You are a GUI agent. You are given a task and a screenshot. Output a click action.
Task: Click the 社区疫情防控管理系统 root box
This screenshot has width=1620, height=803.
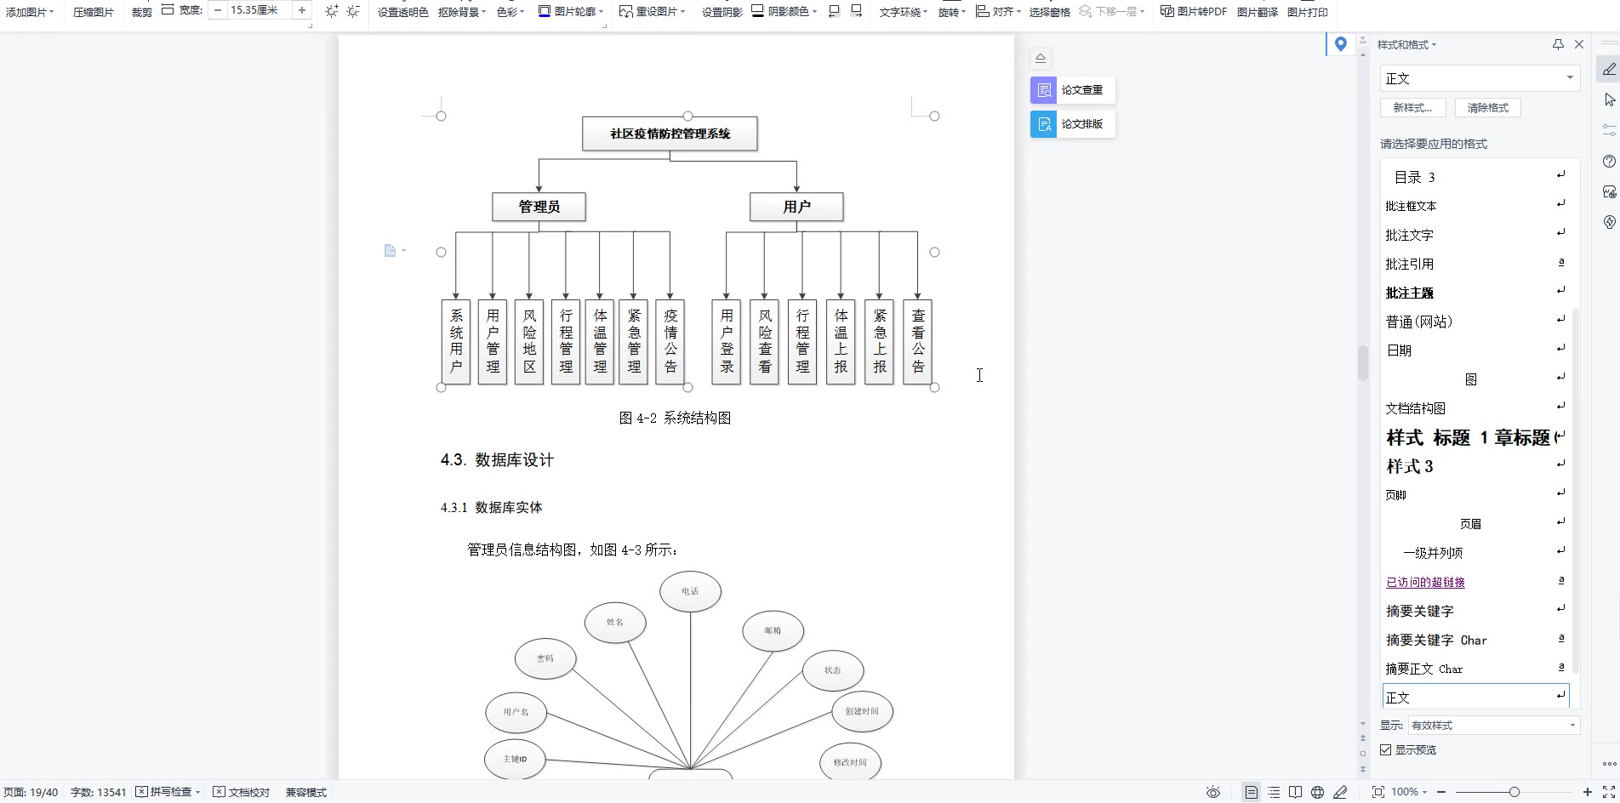(x=670, y=134)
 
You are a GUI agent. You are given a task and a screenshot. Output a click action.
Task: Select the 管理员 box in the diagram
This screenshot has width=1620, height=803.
(x=539, y=207)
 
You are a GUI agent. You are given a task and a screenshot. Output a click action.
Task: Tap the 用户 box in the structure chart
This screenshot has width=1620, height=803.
(x=796, y=207)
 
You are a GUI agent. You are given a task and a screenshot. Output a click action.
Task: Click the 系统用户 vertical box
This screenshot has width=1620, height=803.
(x=456, y=341)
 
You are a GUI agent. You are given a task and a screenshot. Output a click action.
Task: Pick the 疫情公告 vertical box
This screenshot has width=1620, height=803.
(x=670, y=341)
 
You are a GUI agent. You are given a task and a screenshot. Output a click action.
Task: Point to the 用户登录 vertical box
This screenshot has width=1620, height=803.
(x=727, y=341)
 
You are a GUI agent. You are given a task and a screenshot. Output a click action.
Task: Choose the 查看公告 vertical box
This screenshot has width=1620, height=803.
(x=918, y=341)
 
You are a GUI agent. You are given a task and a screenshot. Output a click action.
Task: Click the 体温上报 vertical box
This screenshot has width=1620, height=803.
(x=841, y=341)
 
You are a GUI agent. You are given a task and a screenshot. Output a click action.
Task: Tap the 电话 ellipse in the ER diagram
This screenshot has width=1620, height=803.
(x=690, y=591)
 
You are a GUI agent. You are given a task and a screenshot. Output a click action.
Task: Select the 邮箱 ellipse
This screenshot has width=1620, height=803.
(x=773, y=630)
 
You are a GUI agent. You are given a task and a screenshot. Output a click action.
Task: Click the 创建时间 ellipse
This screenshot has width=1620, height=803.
(x=862, y=711)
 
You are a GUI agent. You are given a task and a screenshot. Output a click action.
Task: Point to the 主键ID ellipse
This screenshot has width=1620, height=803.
(x=515, y=759)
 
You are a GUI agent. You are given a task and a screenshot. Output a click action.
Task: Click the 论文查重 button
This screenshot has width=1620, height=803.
(x=1073, y=90)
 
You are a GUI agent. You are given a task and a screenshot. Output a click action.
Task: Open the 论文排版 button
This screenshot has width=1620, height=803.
(x=1073, y=124)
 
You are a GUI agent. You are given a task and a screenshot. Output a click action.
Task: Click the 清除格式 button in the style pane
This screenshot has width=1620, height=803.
(x=1487, y=108)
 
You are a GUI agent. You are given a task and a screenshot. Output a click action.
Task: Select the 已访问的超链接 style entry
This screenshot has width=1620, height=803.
(x=1425, y=582)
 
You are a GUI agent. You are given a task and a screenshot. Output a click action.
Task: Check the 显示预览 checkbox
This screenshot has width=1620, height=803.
(x=1386, y=749)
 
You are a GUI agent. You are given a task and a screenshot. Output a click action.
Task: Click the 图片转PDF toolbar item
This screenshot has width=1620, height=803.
(x=1194, y=12)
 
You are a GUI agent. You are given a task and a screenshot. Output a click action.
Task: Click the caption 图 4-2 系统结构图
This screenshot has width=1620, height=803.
(x=675, y=418)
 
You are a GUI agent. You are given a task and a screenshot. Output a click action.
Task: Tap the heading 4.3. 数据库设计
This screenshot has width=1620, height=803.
(x=497, y=460)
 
